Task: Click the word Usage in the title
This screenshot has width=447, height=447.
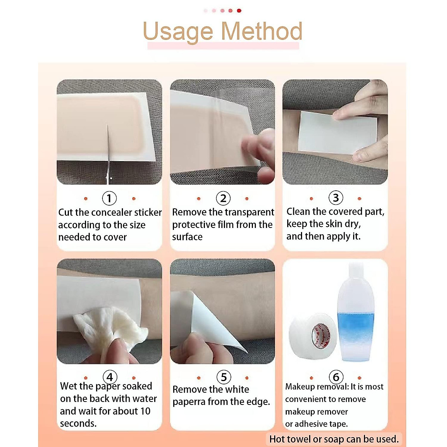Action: (178, 32)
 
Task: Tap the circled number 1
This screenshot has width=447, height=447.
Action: (109, 198)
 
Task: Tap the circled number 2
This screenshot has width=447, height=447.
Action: (223, 198)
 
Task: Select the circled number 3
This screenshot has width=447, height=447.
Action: (336, 197)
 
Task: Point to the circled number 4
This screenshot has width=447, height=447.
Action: (110, 377)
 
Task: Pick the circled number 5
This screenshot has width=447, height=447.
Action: (223, 377)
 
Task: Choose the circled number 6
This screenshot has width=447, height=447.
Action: (336, 377)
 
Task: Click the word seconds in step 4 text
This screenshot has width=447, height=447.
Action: (78, 424)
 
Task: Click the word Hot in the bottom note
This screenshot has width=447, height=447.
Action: (278, 439)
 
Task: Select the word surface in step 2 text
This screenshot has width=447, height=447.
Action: (187, 237)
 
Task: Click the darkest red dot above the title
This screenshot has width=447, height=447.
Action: (239, 10)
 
